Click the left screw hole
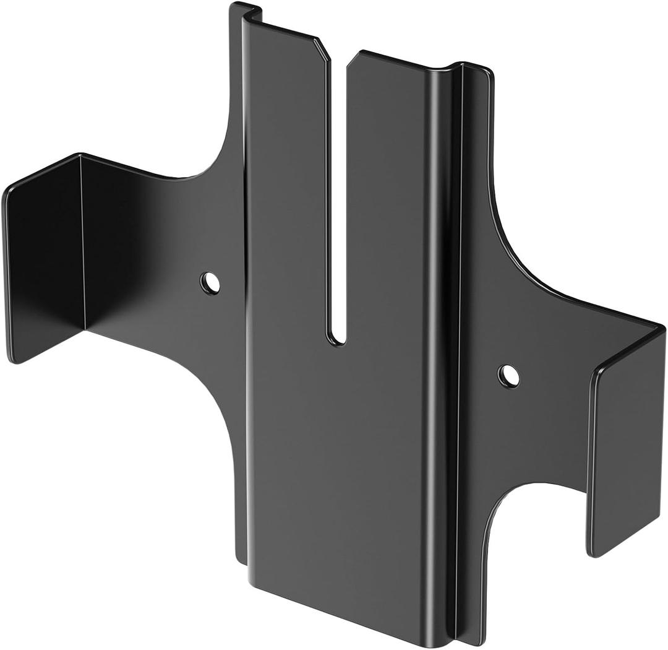click(210, 283)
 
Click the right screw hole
click(508, 376)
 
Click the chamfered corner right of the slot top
click(354, 57)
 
